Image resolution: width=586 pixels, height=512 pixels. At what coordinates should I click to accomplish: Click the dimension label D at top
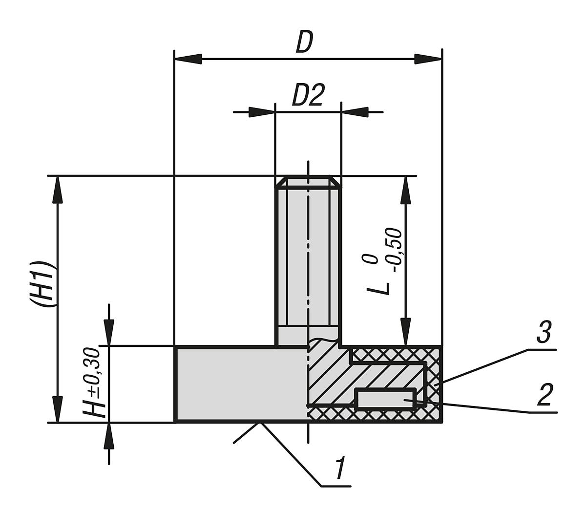click(304, 43)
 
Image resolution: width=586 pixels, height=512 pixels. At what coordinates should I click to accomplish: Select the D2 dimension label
click(308, 96)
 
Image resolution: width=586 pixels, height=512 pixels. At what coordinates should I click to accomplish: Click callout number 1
click(340, 469)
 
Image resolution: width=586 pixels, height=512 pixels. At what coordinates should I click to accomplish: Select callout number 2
click(544, 395)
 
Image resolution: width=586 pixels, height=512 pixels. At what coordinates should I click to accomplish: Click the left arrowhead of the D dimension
click(188, 59)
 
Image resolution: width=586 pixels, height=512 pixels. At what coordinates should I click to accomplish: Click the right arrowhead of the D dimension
click(428, 59)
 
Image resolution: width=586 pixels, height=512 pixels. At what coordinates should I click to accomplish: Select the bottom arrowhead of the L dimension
click(404, 333)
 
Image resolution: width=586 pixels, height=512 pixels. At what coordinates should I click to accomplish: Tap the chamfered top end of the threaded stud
click(308, 182)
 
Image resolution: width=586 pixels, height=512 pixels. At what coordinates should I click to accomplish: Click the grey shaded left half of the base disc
click(239, 384)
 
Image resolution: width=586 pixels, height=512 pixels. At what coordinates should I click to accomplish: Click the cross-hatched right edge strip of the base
click(435, 384)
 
